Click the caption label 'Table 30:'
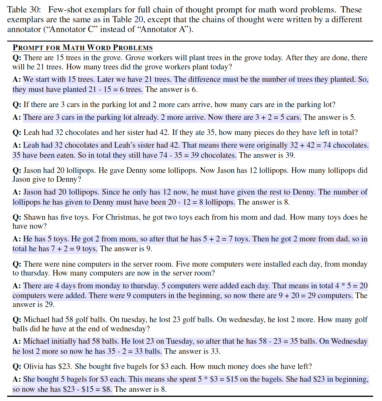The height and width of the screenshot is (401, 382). click(x=24, y=10)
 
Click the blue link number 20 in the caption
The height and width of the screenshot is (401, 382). click(x=139, y=20)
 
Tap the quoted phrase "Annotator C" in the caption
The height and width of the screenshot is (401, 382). click(x=68, y=29)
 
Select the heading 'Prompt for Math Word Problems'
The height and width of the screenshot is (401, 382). click(x=83, y=48)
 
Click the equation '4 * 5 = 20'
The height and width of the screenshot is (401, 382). click(x=351, y=286)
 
